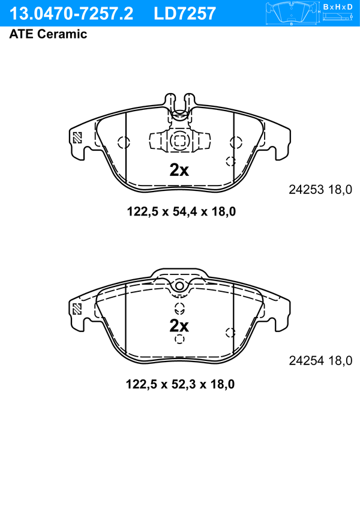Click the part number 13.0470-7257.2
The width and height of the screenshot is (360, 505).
tap(71, 14)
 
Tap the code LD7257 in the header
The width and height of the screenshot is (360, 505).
tap(185, 14)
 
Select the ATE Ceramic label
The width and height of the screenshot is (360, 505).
tap(48, 34)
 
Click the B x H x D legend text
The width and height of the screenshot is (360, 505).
tap(338, 7)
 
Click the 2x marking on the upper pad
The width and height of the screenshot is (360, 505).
tap(179, 170)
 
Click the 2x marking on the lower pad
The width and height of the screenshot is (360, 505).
tap(179, 326)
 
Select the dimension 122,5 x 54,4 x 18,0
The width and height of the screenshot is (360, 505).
tap(181, 211)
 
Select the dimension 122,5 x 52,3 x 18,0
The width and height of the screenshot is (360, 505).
tap(180, 384)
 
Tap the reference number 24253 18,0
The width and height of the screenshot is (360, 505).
tap(320, 190)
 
